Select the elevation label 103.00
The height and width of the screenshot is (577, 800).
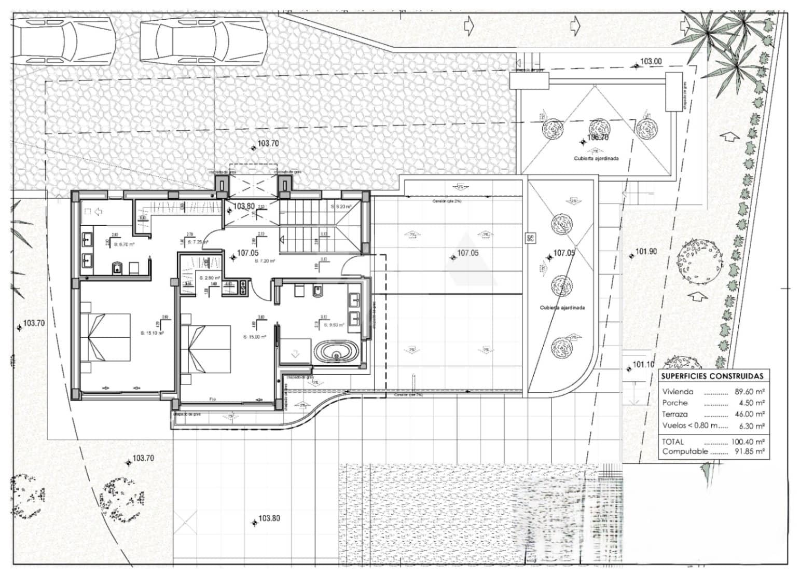click(651, 61)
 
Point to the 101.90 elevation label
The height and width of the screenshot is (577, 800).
click(646, 252)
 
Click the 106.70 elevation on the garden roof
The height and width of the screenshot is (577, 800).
click(597, 138)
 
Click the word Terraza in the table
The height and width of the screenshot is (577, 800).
click(675, 414)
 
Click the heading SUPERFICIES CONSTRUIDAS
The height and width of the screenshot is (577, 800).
click(713, 376)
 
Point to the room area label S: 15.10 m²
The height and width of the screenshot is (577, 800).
click(152, 333)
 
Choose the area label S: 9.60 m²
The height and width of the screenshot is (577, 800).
click(334, 325)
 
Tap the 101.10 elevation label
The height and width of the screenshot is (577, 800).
click(643, 365)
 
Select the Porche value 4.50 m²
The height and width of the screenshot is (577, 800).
click(751, 403)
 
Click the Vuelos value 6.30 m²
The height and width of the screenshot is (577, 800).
click(751, 425)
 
